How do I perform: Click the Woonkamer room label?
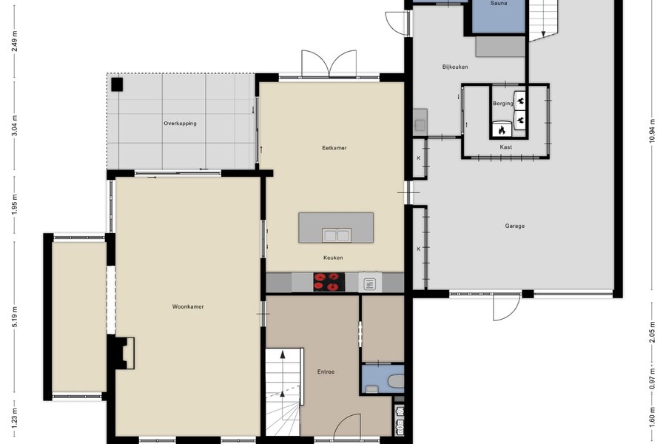pyautogui.click(x=188, y=306)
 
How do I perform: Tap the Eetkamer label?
pyautogui.click(x=334, y=148)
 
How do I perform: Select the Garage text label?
pyautogui.click(x=515, y=226)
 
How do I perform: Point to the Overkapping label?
pyautogui.click(x=180, y=124)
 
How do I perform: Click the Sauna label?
pyautogui.click(x=499, y=3)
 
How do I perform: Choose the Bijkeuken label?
pyautogui.click(x=455, y=67)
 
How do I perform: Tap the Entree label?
pyautogui.click(x=326, y=371)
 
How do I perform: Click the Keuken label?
pyautogui.click(x=333, y=258)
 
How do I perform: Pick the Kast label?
pyautogui.click(x=506, y=147)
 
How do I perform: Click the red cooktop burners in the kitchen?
pyautogui.click(x=329, y=282)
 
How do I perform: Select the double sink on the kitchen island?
pyautogui.click(x=337, y=235)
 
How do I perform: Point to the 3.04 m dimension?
pyautogui.click(x=15, y=127)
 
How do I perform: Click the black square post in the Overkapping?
pyautogui.click(x=117, y=84)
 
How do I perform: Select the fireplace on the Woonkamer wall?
pyautogui.click(x=123, y=353)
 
